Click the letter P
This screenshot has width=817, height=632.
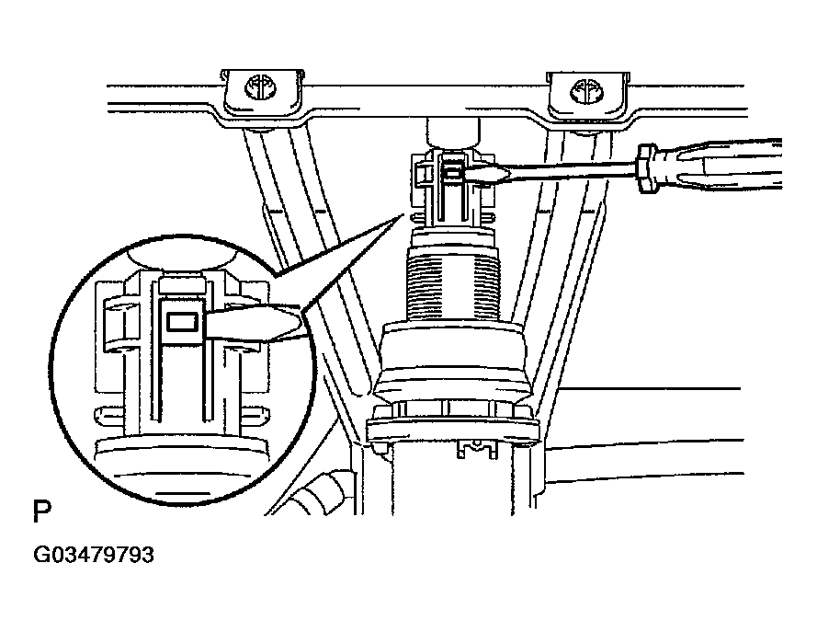pyautogui.click(x=41, y=511)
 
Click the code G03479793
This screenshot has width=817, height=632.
pyautogui.click(x=94, y=555)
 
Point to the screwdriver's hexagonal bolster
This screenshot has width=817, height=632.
pyautogui.click(x=646, y=168)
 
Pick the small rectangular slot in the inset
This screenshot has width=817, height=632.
pyautogui.click(x=182, y=322)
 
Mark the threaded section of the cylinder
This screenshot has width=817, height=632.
pyautogui.click(x=453, y=284)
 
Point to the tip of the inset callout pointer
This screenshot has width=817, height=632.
pyautogui.click(x=403, y=213)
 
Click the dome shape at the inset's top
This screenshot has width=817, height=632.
pyautogui.click(x=181, y=259)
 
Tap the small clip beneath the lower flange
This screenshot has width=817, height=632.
pyautogui.click(x=476, y=449)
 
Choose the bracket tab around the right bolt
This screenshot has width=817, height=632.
pyautogui.click(x=588, y=96)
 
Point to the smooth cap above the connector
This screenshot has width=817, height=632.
pyautogui.click(x=452, y=132)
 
